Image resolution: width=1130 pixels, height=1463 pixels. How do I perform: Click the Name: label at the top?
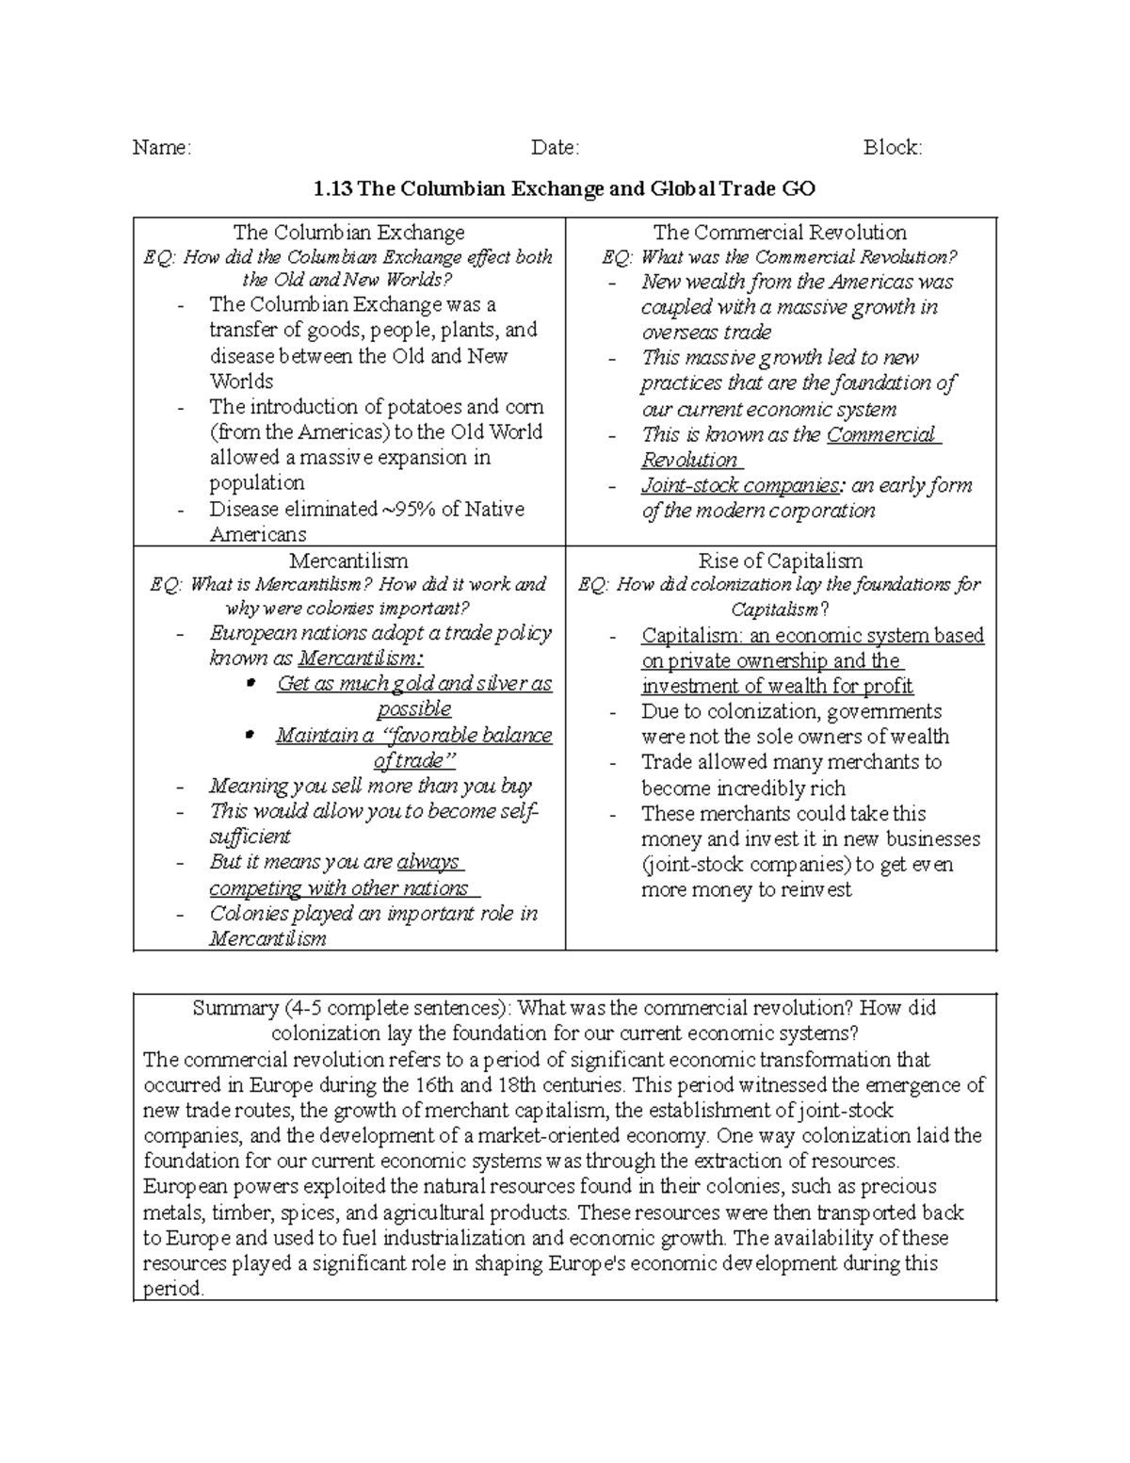pyautogui.click(x=161, y=148)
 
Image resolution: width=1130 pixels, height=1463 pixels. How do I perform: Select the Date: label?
pyautogui.click(x=555, y=148)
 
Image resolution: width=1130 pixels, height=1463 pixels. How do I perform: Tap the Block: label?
pyautogui.click(x=893, y=148)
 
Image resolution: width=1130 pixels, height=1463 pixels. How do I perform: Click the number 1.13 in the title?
pyautogui.click(x=332, y=188)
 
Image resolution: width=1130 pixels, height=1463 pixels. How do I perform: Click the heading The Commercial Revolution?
pyautogui.click(x=780, y=233)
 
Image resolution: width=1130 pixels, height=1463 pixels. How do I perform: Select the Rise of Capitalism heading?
pyautogui.click(x=780, y=561)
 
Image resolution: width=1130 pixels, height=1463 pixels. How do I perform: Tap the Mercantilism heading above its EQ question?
pyautogui.click(x=348, y=561)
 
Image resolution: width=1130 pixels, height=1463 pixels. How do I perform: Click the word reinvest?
pyautogui.click(x=813, y=890)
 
